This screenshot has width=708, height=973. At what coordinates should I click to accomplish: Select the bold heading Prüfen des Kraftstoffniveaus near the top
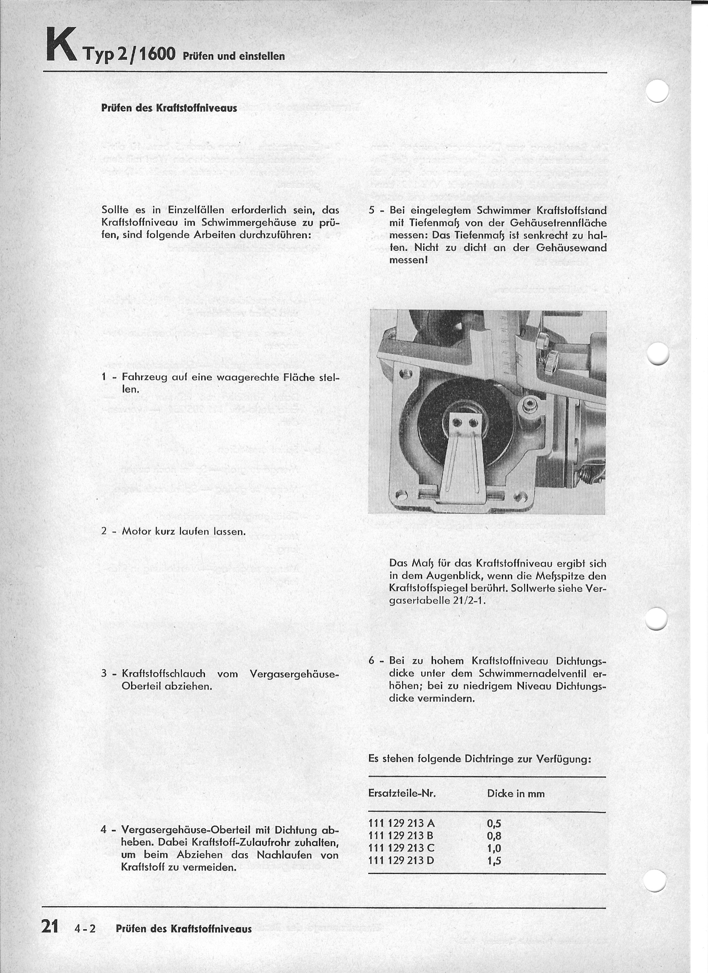169,108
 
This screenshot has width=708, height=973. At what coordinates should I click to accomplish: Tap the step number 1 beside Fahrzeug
104,377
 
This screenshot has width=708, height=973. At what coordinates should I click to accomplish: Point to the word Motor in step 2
137,531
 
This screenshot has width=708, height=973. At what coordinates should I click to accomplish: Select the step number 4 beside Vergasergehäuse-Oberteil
104,829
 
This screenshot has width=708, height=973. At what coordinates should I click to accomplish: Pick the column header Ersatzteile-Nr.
402,794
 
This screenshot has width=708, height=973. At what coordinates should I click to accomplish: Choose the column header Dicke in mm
516,794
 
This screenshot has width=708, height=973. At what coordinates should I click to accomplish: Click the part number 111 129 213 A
402,823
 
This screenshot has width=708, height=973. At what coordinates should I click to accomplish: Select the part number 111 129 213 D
402,860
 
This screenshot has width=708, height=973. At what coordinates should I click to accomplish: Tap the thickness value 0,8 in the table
494,836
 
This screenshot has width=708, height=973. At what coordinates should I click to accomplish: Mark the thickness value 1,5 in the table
494,860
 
